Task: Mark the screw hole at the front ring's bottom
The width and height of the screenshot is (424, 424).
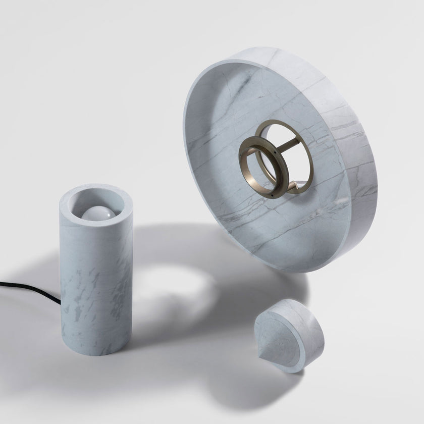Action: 272,195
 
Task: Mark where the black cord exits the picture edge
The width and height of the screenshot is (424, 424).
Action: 2,283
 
